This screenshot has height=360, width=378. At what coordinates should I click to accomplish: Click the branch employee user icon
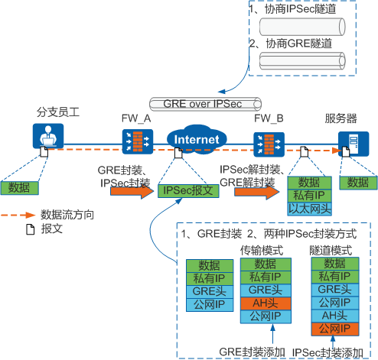(x=46, y=138)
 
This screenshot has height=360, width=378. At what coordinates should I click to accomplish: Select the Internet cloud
(x=197, y=139)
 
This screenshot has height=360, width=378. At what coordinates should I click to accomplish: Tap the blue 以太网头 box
(x=308, y=207)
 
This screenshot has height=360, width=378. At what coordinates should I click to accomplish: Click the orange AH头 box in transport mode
(x=262, y=303)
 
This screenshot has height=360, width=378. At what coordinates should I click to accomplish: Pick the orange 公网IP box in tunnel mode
(x=334, y=329)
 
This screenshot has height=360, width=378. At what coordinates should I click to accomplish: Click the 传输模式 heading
(x=262, y=250)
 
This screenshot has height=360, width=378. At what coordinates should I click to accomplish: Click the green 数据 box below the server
(x=357, y=183)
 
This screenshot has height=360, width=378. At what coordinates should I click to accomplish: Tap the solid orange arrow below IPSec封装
(x=132, y=191)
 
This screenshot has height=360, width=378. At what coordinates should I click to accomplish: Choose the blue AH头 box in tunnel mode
(x=334, y=316)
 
